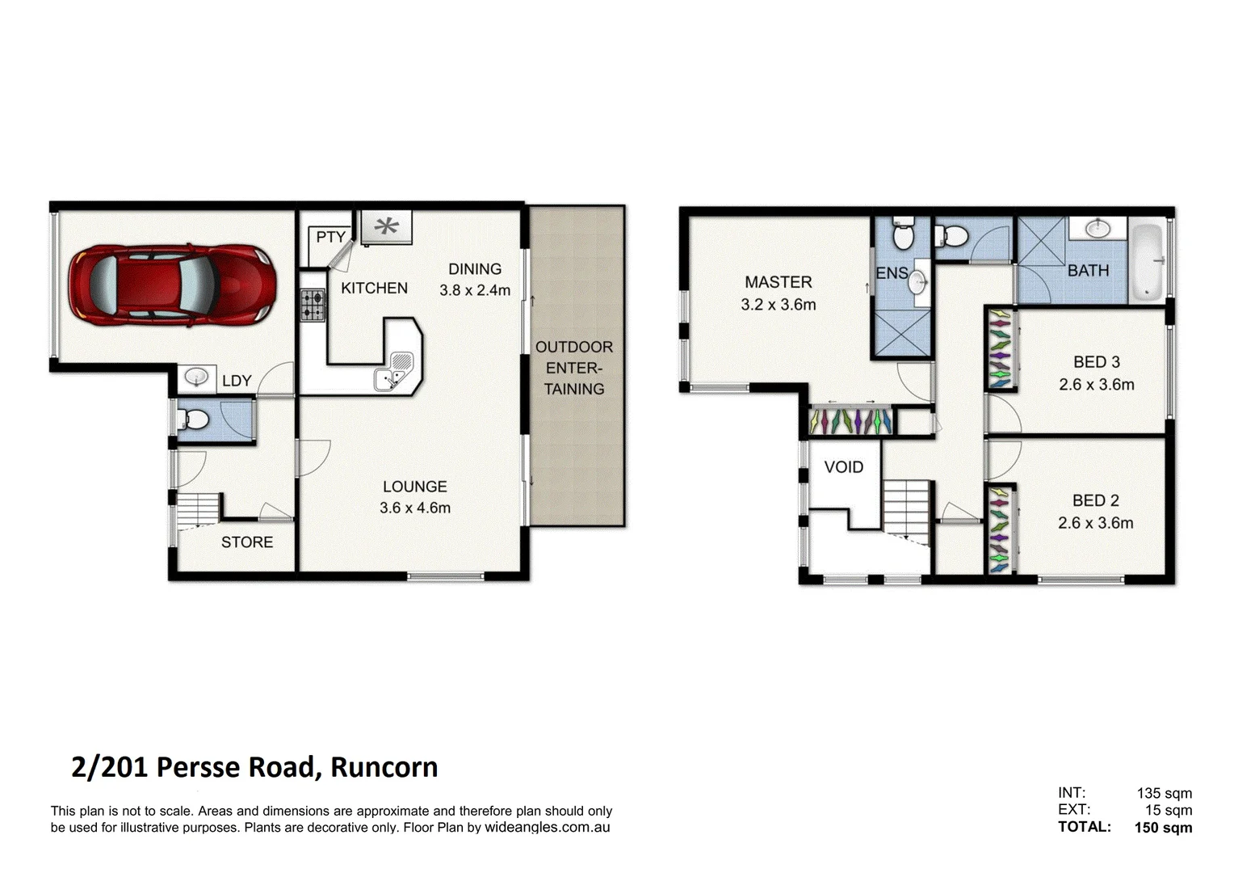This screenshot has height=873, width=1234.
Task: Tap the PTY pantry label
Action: tap(330, 237)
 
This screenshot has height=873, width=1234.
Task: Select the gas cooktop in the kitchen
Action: tap(313, 306)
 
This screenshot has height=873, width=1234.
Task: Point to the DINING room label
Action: tap(475, 269)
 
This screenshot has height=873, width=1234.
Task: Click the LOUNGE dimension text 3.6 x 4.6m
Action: tap(415, 508)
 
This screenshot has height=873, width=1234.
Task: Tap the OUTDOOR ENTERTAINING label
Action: tap(574, 368)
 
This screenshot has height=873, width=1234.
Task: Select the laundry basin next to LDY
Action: tap(195, 377)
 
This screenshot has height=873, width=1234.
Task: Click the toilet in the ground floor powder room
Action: tap(193, 420)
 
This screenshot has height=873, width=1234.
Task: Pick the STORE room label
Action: tap(247, 542)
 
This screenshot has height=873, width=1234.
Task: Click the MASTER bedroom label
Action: tap(778, 282)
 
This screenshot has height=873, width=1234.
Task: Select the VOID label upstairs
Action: tap(844, 467)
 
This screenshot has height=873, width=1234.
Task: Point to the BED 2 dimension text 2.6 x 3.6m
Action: tap(1096, 523)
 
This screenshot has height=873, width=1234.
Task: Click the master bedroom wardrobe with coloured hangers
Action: tap(850, 421)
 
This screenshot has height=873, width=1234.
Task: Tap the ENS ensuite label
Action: tap(892, 273)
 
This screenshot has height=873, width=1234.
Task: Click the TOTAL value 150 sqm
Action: tap(1163, 827)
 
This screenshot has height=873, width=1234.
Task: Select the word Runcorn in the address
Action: tap(384, 767)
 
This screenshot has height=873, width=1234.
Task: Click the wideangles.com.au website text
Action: tap(547, 827)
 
